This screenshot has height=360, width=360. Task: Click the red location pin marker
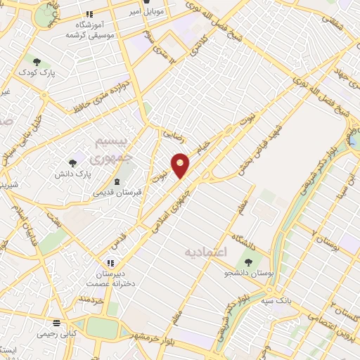pos(181,165)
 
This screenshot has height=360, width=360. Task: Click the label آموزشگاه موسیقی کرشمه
pos(90,30)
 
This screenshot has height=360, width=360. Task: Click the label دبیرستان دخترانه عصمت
pos(105,279)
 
